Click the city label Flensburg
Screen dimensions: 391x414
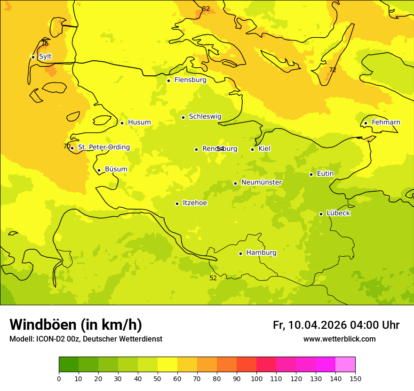tap(190, 80)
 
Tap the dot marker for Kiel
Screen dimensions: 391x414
tap(252, 149)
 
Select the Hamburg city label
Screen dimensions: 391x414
tap(261, 253)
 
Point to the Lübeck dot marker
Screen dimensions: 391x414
tap(321, 214)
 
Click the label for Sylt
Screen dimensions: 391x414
tap(45, 57)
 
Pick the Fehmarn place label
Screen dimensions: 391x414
tap(386, 122)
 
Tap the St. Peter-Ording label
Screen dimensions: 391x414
tap(103, 147)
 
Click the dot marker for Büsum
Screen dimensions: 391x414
tap(99, 170)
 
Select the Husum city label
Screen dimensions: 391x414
tap(139, 122)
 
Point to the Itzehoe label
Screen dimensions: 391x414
tap(195, 203)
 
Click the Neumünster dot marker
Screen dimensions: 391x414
tap(235, 183)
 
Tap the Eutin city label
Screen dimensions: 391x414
tap(325, 174)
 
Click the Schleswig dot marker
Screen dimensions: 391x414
tap(183, 117)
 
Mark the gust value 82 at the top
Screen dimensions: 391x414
tap(206, 8)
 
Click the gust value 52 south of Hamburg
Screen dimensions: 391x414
tap(213, 278)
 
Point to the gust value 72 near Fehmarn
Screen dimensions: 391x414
tap(333, 70)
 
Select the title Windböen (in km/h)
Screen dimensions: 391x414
tap(76, 325)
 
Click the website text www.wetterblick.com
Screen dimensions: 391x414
tap(339, 339)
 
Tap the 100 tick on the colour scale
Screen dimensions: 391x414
tap(256, 378)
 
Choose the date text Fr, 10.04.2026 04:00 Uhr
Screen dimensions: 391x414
tap(336, 325)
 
